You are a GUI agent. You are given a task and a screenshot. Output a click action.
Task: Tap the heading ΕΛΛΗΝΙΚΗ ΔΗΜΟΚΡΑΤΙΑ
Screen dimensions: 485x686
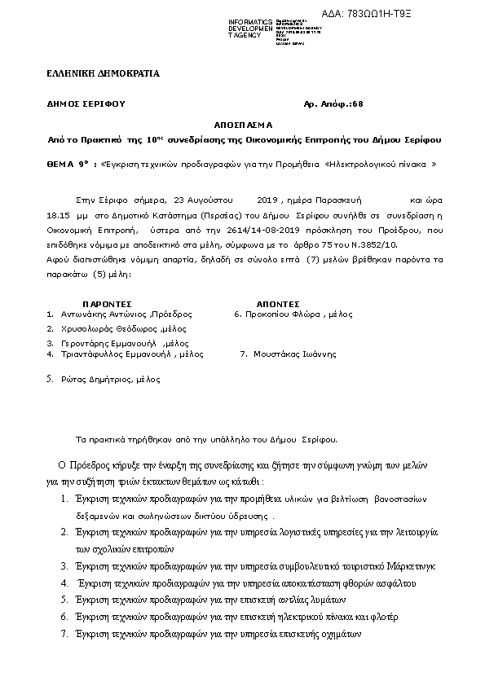[104, 73]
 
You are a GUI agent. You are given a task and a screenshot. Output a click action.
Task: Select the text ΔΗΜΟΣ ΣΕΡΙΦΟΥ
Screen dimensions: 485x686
[86, 105]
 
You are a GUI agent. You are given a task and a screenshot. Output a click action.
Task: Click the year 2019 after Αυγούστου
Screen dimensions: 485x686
[267, 199]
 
